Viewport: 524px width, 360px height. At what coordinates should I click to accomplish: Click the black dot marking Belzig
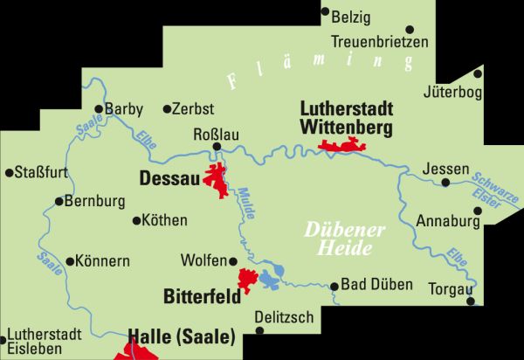pyautogui.click(x=325, y=12)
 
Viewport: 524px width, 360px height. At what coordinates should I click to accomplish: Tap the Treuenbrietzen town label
pyautogui.click(x=380, y=41)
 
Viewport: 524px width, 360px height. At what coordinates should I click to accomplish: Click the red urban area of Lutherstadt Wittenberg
pyautogui.click(x=343, y=146)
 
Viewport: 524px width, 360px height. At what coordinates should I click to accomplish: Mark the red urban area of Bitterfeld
pyautogui.click(x=249, y=280)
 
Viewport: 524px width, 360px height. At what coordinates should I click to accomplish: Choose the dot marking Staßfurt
pyautogui.click(x=9, y=172)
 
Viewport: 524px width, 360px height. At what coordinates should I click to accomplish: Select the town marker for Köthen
pyautogui.click(x=136, y=220)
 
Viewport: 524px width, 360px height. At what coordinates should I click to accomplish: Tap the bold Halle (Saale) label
pyautogui.click(x=182, y=336)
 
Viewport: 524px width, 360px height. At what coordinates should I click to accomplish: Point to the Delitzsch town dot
pyautogui.click(x=257, y=301)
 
